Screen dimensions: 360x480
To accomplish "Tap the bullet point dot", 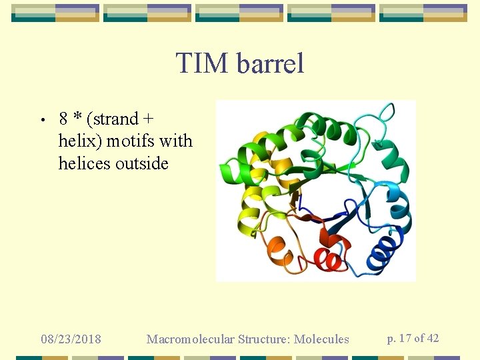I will tap(41, 121).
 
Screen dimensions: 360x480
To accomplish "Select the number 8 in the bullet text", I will tap(64, 119).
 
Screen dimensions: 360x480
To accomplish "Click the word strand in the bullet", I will tap(115, 119).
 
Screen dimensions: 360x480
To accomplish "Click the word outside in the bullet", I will tap(141, 163).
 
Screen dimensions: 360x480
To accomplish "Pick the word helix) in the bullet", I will tap(80, 141).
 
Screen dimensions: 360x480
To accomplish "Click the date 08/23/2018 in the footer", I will tap(71, 339).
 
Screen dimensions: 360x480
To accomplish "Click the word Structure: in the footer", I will tap(263, 339).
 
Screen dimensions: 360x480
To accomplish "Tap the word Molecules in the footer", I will tap(323, 339).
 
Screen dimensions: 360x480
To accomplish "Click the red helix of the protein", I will tap(327, 259).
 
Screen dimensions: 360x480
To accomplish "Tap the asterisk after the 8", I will tap(77, 117).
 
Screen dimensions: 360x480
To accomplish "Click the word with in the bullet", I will tap(180, 141).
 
